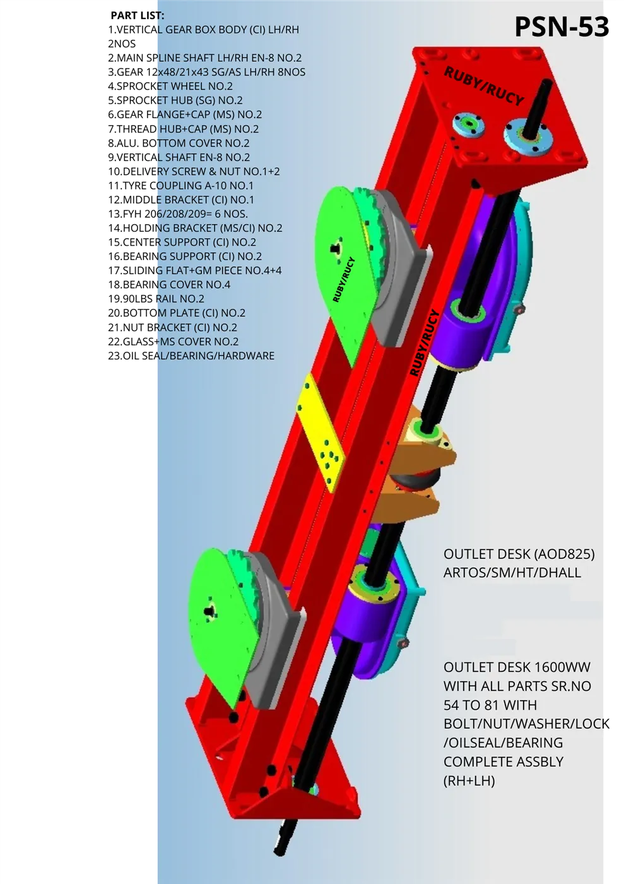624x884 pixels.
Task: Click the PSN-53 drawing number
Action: tap(562, 27)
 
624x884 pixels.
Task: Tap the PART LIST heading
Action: tap(138, 15)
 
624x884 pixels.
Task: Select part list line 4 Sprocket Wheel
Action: tap(170, 86)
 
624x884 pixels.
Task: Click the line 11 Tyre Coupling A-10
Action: tap(180, 186)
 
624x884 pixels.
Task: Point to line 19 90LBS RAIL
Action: tap(156, 299)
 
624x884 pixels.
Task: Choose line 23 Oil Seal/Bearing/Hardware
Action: tap(191, 355)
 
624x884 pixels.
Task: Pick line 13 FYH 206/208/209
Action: tap(178, 214)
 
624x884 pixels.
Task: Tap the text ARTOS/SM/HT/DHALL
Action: tap(512, 573)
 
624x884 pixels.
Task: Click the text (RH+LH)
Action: tap(469, 780)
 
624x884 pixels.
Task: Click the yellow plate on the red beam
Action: tap(321, 433)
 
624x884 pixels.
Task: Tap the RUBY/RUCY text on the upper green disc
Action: tap(344, 279)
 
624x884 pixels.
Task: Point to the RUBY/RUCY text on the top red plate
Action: tap(484, 86)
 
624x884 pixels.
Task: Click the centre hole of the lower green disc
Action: tap(209, 611)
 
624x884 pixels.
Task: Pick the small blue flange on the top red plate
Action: tap(469, 125)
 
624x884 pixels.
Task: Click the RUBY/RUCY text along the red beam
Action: tap(425, 342)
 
